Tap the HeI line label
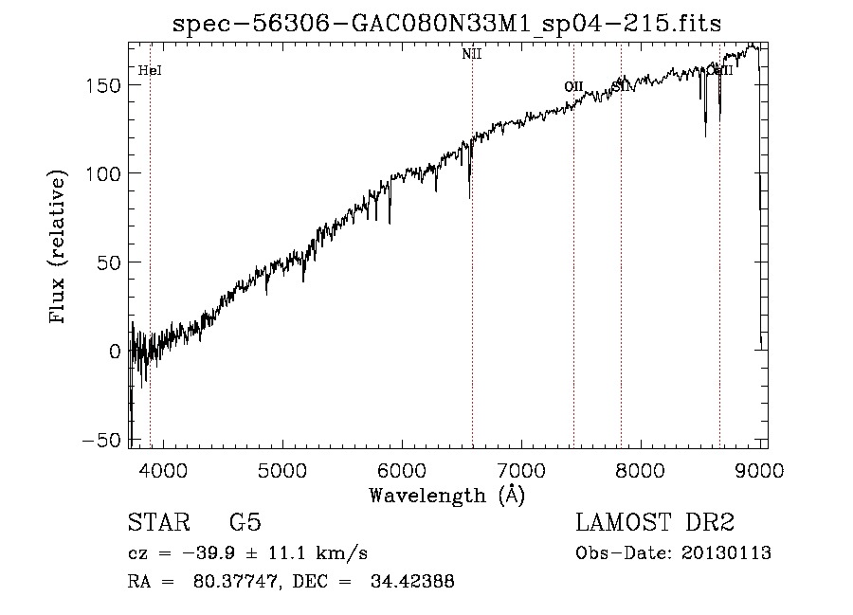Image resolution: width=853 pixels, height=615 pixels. (149, 70)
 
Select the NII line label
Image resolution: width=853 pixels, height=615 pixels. (472, 54)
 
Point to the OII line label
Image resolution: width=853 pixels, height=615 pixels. (573, 87)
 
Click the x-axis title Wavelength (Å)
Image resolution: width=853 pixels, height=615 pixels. (445, 495)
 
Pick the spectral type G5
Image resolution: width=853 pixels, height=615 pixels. (245, 523)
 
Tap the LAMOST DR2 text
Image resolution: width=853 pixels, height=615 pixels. (655, 523)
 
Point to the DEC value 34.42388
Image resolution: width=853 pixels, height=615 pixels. (415, 582)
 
